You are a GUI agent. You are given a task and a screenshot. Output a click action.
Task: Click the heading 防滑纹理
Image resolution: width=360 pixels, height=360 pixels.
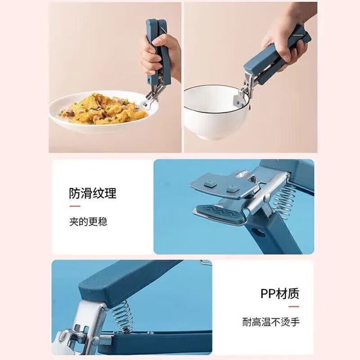(x=93, y=193)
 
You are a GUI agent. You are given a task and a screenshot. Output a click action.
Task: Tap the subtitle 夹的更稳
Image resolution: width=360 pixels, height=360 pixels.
(x=88, y=222)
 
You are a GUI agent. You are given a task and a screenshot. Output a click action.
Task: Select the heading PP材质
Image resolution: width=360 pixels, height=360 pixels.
(x=280, y=294)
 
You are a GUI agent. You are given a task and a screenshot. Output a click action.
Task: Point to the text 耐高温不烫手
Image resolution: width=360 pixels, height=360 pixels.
(x=271, y=322)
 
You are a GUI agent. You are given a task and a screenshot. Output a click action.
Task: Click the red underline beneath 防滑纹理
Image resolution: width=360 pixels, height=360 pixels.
(x=75, y=206)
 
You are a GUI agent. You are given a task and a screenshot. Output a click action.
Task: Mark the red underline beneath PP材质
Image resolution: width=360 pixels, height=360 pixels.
(x=294, y=307)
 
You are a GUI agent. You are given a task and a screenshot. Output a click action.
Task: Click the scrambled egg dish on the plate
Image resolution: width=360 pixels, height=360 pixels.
(x=105, y=109)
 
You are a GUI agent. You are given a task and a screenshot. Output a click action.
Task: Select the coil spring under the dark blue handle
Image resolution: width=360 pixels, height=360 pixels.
(x=123, y=316)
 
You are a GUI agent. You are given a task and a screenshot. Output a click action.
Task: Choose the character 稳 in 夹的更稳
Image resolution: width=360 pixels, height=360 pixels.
(x=102, y=222)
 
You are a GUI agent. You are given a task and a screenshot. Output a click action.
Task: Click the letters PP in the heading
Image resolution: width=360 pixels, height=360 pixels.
(x=268, y=294)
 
